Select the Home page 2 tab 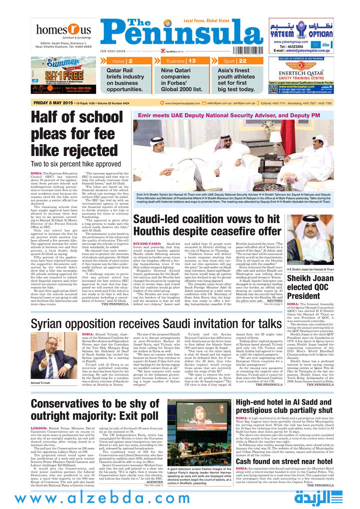click(122, 61)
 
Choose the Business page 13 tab click(181, 61)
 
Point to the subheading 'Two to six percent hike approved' click(75, 163)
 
